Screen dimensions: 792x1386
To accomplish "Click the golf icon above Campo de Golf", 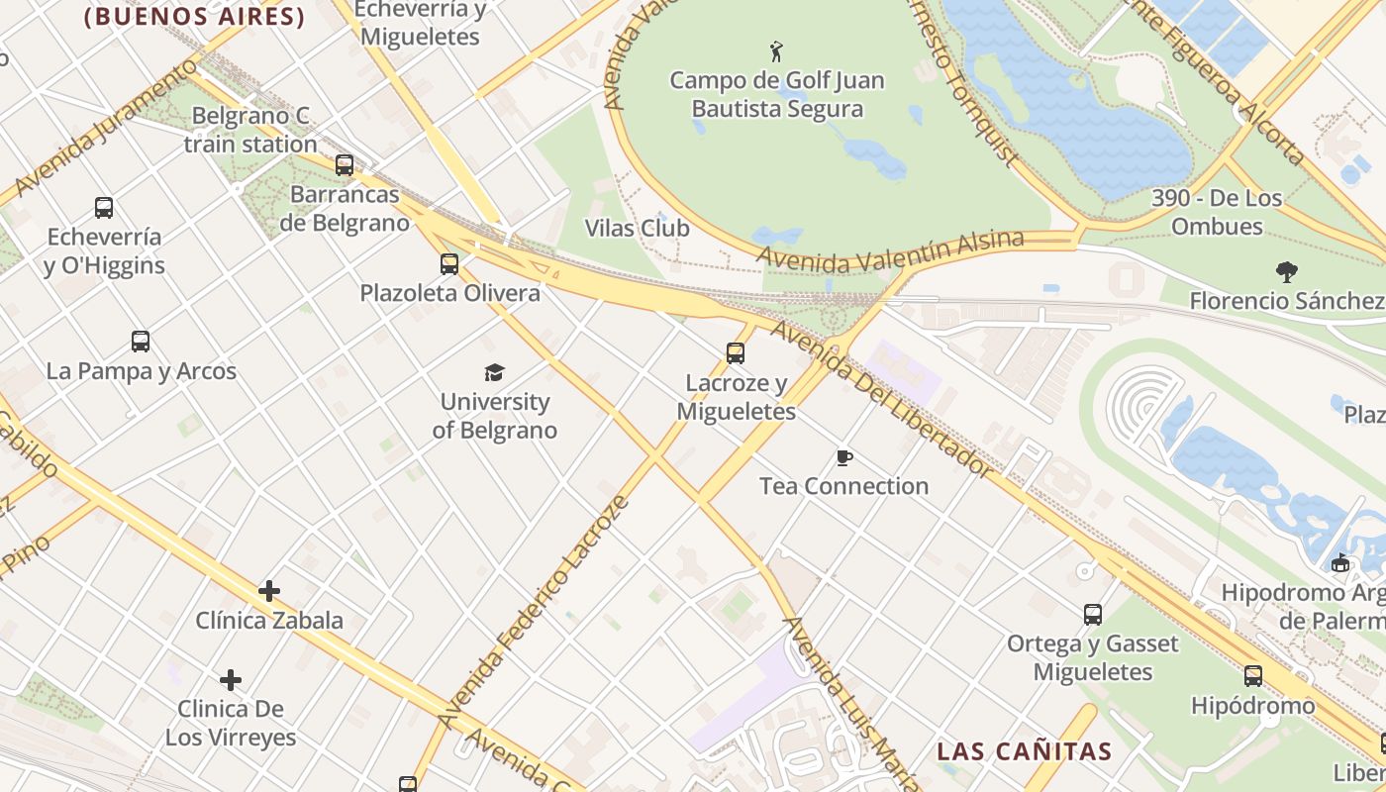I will pos(776,50).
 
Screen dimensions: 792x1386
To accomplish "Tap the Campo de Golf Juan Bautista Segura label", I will pos(777,94).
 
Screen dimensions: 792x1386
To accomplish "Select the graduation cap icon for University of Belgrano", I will pos(494,372).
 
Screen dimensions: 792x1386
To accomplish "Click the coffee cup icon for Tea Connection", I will pos(843,457).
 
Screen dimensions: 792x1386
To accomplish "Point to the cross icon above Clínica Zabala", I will pos(268,591).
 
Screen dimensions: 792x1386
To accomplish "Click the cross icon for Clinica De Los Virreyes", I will pos(231,680).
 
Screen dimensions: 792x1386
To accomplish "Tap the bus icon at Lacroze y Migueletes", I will pos(735,353).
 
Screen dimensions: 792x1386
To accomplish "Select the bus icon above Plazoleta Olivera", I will pos(449,264).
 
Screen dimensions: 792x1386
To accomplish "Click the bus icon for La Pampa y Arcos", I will pos(141,342).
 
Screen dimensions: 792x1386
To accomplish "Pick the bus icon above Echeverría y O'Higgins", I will pos(104,208).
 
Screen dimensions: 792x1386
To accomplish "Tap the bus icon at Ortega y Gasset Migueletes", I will pos(1093,615).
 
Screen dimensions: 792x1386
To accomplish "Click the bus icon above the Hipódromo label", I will pos(1253,676).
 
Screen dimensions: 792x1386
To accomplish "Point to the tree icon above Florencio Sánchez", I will pos(1286,271).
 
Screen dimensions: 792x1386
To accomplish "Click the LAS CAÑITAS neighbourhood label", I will pos(1025,751).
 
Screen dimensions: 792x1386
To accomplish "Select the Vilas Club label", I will pos(637,229).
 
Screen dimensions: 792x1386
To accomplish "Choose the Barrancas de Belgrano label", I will pos(345,209).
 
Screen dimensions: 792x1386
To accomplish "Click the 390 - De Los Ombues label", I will pos(1217,212).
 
